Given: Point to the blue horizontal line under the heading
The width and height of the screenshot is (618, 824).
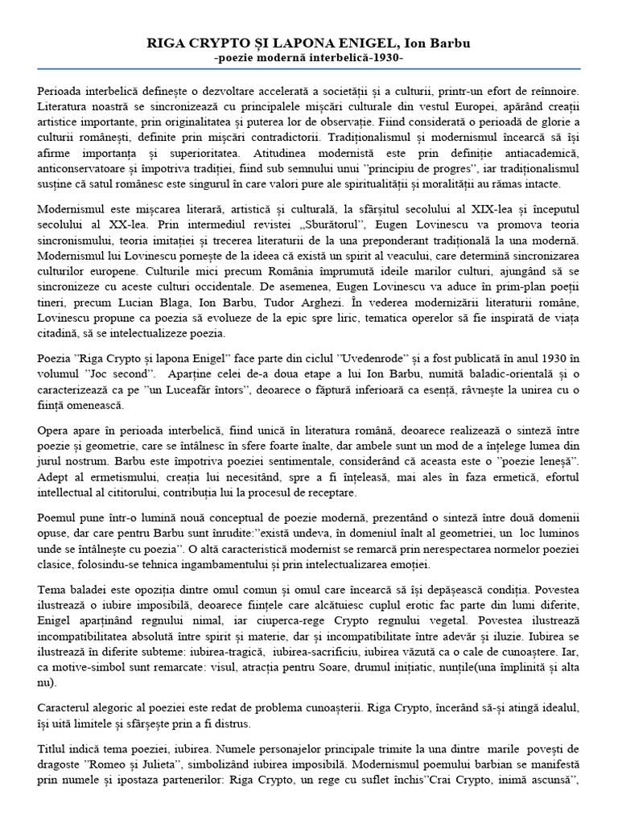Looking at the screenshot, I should coord(308,68).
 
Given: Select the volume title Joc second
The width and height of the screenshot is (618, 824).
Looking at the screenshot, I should coord(122,375).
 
